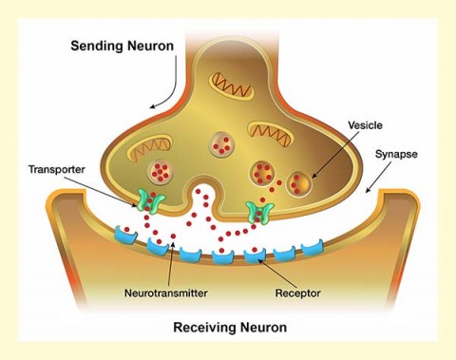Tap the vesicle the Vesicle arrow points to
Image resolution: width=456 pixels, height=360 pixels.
pos(299,182)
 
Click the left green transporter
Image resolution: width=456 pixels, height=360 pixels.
pos(149,199)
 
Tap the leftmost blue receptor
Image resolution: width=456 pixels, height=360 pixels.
pos(123,231)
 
